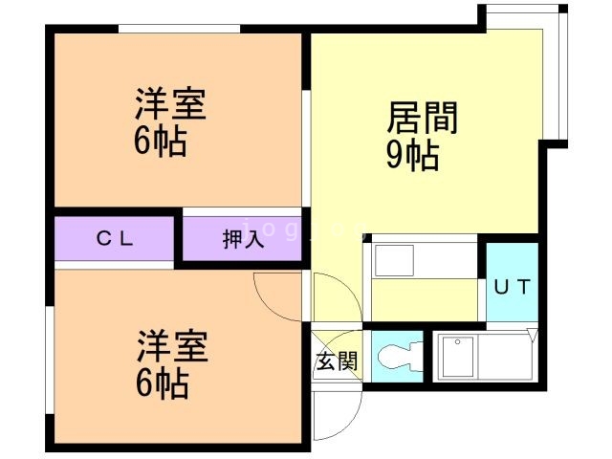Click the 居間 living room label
[423, 118]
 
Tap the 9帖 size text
[412, 155]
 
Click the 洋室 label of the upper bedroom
[170, 104]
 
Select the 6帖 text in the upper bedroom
[160, 142]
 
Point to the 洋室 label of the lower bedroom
[172, 346]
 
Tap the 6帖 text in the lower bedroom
[162, 383]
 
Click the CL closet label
[115, 238]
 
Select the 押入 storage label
[243, 239]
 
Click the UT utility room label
[513, 287]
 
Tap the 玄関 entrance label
[337, 361]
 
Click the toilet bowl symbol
[400, 357]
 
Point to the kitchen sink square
[394, 261]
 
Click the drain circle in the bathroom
[457, 342]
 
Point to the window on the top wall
[179, 29]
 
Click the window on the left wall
[50, 360]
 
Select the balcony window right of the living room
[562, 75]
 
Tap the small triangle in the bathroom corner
[533, 336]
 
